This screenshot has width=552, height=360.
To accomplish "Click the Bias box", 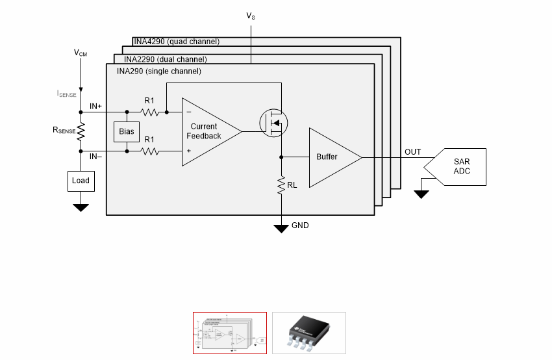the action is click(127, 132).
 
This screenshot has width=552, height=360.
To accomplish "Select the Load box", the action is click(81, 181).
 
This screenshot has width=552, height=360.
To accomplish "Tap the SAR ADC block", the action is click(455, 166).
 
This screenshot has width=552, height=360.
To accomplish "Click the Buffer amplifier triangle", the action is click(335, 157).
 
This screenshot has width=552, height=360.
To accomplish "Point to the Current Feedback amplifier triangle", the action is click(211, 132).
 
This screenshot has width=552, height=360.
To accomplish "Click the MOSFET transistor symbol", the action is click(274, 123).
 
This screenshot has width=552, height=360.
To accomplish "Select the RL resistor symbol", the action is click(281, 186).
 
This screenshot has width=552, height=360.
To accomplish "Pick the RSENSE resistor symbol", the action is click(81, 131).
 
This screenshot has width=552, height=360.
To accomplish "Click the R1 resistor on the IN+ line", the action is click(149, 112).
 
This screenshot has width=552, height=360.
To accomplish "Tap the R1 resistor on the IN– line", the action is click(149, 151).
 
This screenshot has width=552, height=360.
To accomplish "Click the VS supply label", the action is click(251, 16).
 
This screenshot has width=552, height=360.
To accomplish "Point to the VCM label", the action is click(81, 53).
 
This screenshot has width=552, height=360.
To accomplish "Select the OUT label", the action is click(413, 152).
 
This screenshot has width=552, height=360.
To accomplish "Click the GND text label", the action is click(300, 225).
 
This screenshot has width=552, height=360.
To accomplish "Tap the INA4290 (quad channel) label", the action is click(177, 42).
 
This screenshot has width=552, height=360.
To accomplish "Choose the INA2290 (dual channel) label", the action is click(166, 59).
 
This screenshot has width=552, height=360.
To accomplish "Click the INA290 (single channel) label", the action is click(159, 71).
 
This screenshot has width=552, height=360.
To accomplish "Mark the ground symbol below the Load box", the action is click(81, 208).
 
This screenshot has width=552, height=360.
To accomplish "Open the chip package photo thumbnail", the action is click(309, 333).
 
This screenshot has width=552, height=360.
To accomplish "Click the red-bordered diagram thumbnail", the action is click(230, 333).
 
